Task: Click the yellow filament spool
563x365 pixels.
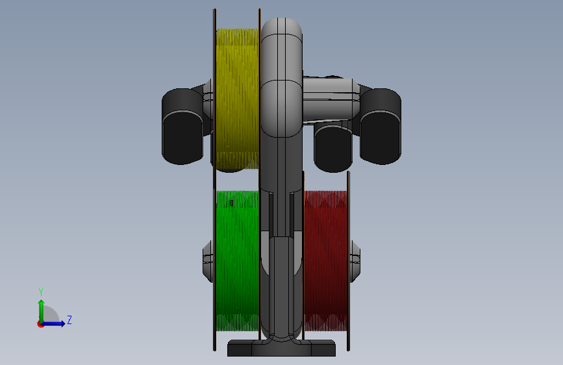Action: [x=237, y=99]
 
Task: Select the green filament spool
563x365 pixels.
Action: [x=237, y=260]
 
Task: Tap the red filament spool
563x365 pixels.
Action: [x=326, y=260]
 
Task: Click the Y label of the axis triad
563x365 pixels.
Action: [x=41, y=292]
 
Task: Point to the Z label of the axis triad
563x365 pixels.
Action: [x=69, y=320]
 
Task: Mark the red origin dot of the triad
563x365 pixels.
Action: [x=40, y=324]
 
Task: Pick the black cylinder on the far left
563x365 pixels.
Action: [x=182, y=127]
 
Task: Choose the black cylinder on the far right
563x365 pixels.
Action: [x=381, y=127]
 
